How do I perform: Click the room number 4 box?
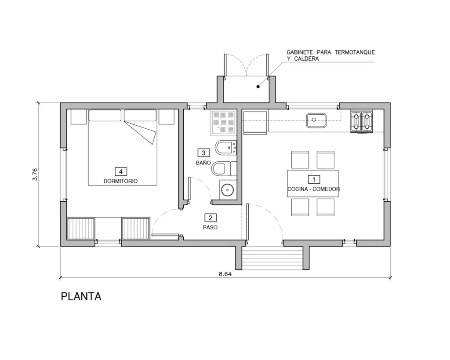[x=121, y=171]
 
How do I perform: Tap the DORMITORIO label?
[x=120, y=181]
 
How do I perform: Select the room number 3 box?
[x=203, y=153]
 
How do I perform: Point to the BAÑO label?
[x=203, y=163]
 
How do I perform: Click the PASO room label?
[x=210, y=227]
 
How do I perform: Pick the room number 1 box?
[x=314, y=179]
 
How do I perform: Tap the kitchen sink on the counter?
[x=316, y=120]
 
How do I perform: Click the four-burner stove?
[x=361, y=122]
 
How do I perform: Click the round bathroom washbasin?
[x=227, y=189]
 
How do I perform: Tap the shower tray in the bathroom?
[x=223, y=123]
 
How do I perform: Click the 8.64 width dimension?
[x=225, y=274]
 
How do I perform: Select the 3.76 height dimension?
[x=35, y=174]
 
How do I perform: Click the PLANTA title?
[x=81, y=297]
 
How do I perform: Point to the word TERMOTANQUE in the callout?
[x=355, y=52]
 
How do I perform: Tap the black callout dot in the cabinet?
[x=258, y=87]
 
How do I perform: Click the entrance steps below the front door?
[x=272, y=259]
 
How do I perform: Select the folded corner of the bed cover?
[x=143, y=132]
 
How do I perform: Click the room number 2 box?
[x=210, y=218]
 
